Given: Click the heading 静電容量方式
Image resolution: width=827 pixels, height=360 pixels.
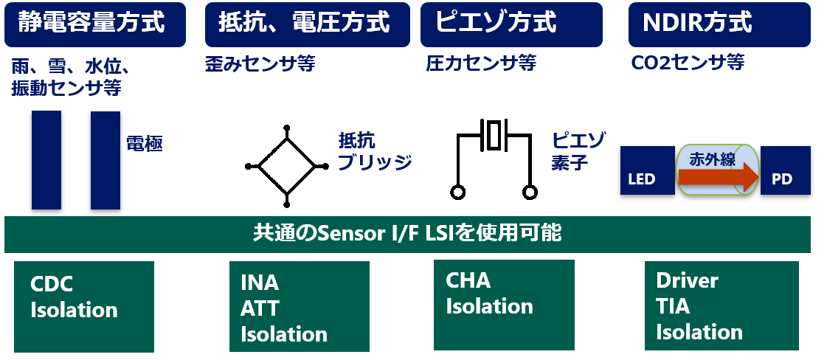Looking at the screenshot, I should (x=93, y=24).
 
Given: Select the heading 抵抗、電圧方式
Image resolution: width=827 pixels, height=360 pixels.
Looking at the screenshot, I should (x=305, y=24).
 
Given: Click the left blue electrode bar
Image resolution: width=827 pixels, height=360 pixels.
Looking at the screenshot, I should (x=46, y=159).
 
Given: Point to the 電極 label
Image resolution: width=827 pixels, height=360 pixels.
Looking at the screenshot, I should (x=145, y=143).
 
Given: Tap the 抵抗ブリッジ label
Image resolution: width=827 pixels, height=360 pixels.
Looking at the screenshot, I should (x=375, y=152).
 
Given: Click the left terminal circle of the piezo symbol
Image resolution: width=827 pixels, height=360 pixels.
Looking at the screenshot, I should (x=458, y=193).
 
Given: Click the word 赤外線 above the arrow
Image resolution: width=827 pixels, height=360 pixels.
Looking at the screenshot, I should (x=707, y=159).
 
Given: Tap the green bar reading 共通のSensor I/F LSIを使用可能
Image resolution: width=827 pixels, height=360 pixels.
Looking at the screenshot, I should (x=407, y=235).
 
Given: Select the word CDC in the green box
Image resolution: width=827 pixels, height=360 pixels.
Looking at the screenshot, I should (x=52, y=284).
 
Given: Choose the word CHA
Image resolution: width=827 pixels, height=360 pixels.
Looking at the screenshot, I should (x=468, y=280).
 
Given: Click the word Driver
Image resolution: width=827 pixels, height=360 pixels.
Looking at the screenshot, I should (x=687, y=280).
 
